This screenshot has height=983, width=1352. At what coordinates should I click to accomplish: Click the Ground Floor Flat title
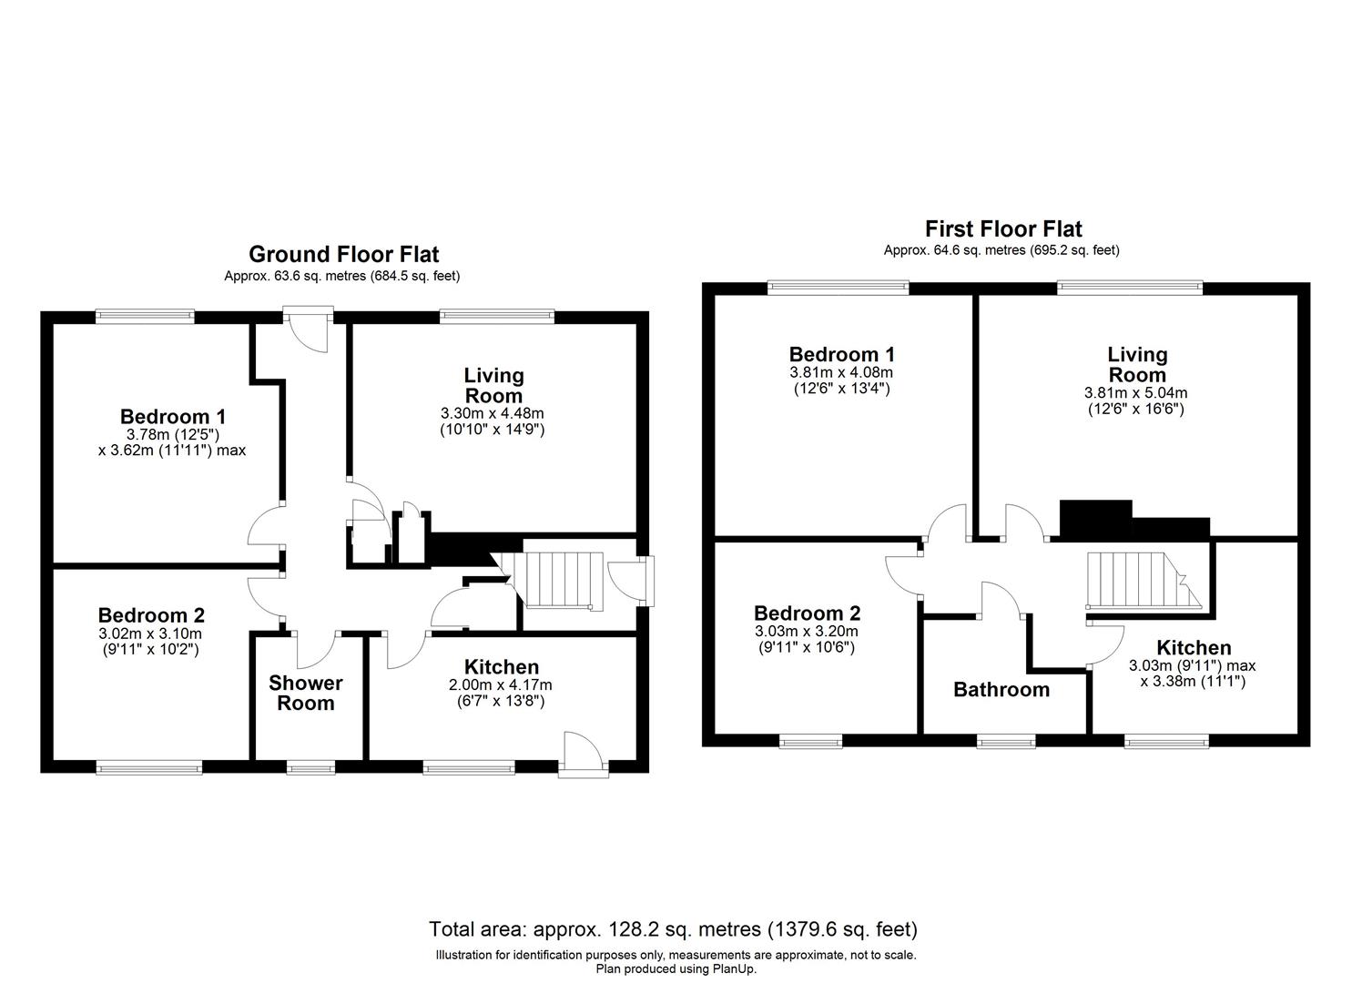343,254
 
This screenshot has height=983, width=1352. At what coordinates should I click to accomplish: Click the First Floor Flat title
1003,228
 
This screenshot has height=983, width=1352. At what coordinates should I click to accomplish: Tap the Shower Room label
306,693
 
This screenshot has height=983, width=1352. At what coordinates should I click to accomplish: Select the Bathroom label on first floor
1001,690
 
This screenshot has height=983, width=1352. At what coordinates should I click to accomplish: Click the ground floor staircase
556,580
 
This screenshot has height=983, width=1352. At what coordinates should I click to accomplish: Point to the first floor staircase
1129,580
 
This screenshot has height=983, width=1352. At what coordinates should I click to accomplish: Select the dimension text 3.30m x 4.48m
492,413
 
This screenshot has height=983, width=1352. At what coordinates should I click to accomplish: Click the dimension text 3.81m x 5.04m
1135,393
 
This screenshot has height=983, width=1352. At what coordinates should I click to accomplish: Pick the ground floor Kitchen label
502,667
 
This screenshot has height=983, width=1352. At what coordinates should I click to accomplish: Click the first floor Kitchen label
1194,648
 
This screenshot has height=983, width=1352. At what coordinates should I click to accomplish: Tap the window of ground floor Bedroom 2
150,767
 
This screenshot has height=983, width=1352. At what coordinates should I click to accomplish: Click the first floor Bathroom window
1005,741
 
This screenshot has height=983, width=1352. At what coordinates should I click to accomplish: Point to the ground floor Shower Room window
310,767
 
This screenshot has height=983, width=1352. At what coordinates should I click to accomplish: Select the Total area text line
673,929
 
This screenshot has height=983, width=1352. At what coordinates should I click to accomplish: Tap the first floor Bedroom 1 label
841,354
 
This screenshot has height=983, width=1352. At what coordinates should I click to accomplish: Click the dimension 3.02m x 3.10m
150,633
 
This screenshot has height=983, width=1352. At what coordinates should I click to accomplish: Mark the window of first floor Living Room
1129,288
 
